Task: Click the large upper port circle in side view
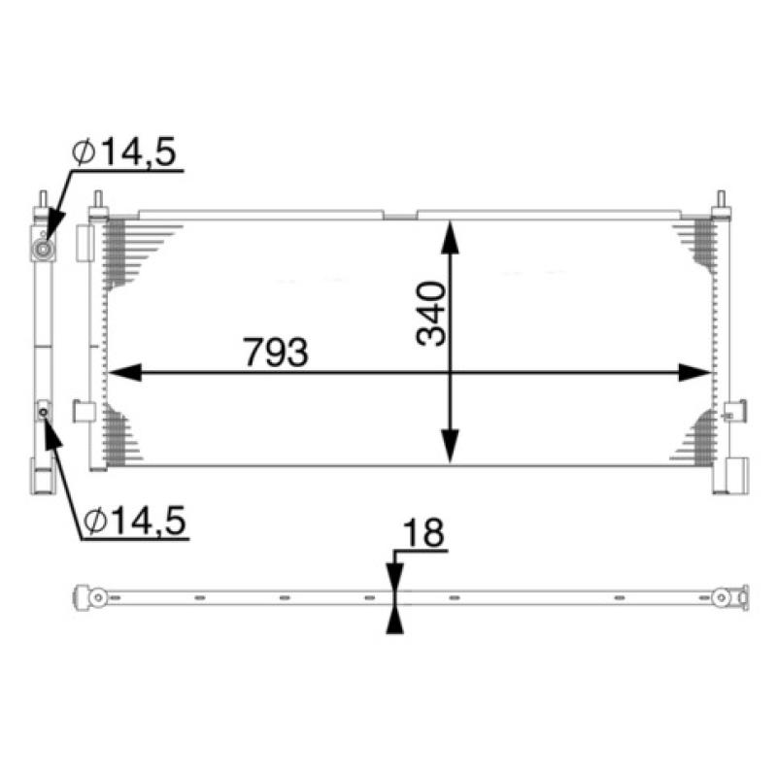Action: coord(43,251)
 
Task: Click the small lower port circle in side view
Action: coord(44,413)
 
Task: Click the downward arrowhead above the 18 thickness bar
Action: coord(393,579)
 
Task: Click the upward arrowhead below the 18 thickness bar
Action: coord(393,619)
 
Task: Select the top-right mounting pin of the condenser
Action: coord(722,202)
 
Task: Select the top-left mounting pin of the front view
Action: coord(97,202)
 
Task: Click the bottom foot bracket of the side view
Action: coord(42,481)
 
